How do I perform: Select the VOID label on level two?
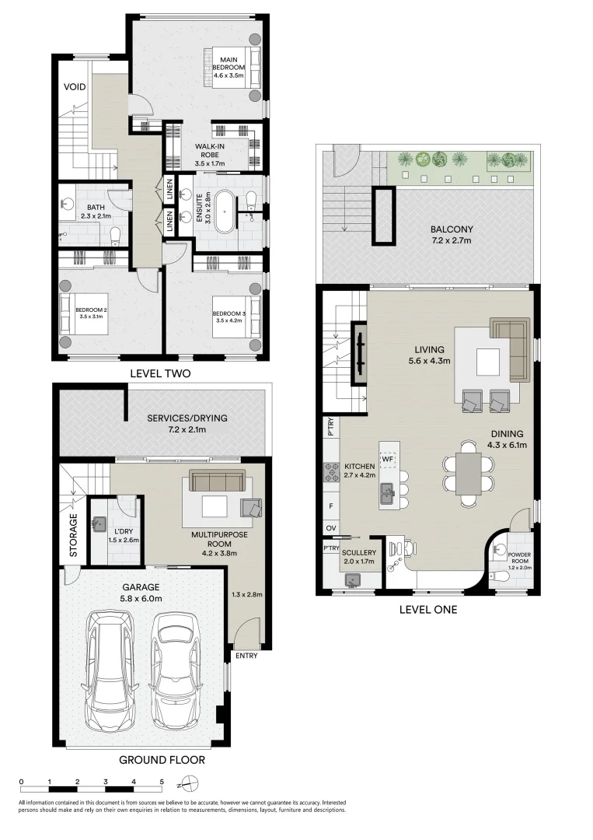pyautogui.click(x=75, y=86)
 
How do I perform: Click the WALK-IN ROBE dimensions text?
pyautogui.click(x=210, y=164)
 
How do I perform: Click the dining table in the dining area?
pyautogui.click(x=469, y=474)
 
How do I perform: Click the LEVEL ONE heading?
pyautogui.click(x=427, y=609)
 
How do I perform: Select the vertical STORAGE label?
pyautogui.click(x=74, y=535)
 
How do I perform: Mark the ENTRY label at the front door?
pyautogui.click(x=247, y=656)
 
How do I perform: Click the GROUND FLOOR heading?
pyautogui.click(x=162, y=759)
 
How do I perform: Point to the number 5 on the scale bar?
pyautogui.click(x=162, y=781)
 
